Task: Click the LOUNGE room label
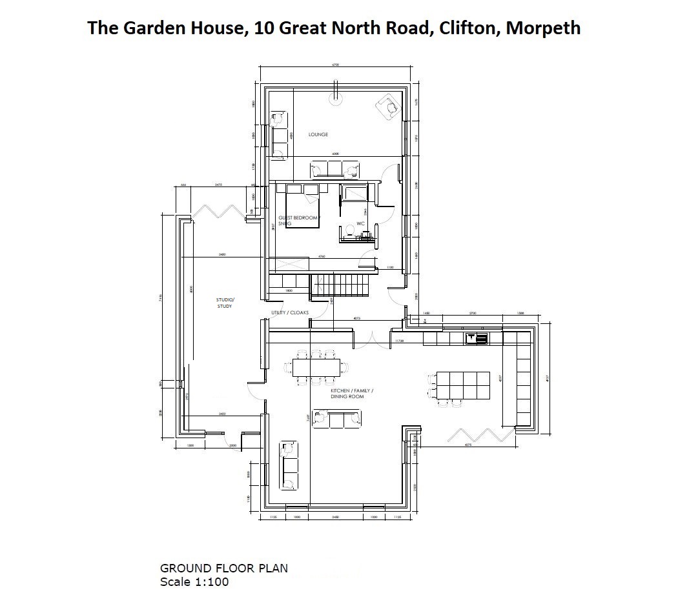point(318,134)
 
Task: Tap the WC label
point(360,223)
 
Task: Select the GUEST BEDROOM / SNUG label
point(298,220)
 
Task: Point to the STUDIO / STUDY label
point(225,303)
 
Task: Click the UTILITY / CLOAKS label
point(290,313)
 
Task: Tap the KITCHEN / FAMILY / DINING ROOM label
point(352,394)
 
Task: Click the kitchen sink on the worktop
point(477,337)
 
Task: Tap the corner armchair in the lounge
point(389,105)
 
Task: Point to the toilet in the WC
point(347,230)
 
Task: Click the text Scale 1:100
point(194,581)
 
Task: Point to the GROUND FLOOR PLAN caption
point(224,569)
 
